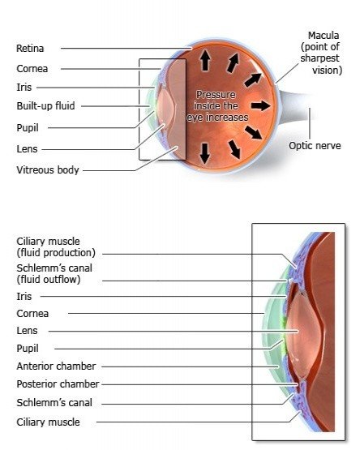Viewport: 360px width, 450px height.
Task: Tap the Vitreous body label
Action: pos(47,170)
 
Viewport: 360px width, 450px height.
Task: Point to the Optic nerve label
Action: pos(315,146)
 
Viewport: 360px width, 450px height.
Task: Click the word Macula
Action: pos(324,36)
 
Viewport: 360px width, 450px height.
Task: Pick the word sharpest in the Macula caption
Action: pos(324,59)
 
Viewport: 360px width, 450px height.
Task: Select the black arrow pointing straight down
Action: pos(204,152)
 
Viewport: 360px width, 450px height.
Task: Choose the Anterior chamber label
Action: pos(50,366)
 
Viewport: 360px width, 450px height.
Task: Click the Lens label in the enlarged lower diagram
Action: pos(27,331)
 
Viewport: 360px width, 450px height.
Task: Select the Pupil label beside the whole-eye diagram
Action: pos(27,127)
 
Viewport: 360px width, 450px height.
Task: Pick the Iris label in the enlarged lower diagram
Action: pos(24,297)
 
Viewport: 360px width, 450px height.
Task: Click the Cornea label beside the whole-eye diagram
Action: pos(32,69)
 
